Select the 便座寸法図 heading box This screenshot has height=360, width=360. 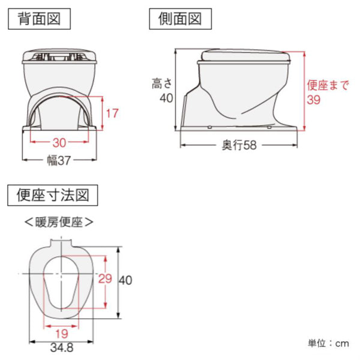tap(52, 195)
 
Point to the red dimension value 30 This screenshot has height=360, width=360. tap(59, 143)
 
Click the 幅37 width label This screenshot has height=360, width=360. tap(59, 161)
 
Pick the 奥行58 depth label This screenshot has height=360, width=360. tap(240, 146)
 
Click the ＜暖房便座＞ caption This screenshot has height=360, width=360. tap(59, 222)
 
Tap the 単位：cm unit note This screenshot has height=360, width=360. tap(328, 343)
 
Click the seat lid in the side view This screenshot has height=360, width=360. tap(246, 56)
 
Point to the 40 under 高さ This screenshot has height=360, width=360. tap(166, 98)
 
